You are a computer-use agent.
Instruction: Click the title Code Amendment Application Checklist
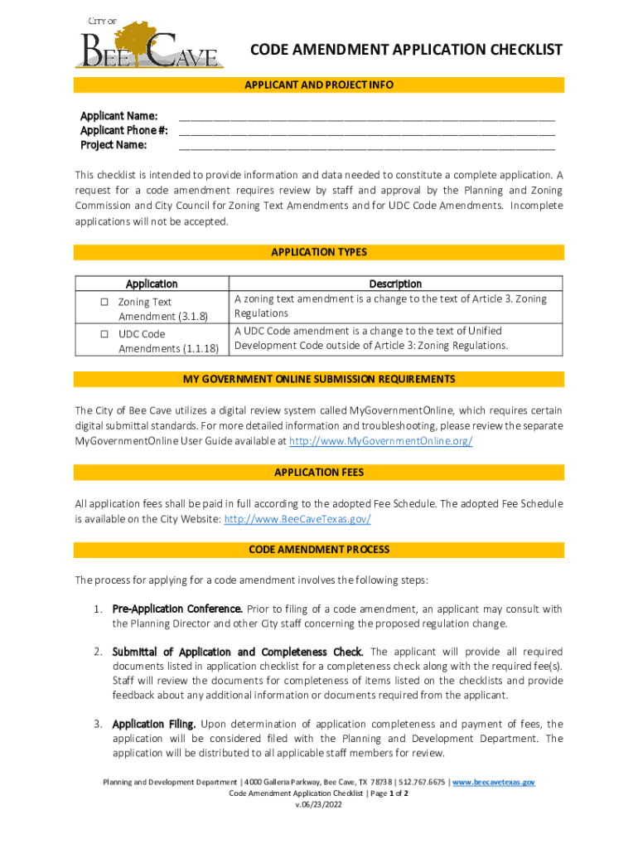coord(406,51)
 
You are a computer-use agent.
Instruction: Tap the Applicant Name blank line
coord(366,116)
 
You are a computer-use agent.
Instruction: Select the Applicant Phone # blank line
coord(366,131)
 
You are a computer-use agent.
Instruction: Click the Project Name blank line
coord(366,146)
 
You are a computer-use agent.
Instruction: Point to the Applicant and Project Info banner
coord(319,85)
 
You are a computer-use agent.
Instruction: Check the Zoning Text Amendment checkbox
coord(105,303)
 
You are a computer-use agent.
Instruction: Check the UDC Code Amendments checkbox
coord(105,334)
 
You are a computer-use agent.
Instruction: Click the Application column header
coord(151,284)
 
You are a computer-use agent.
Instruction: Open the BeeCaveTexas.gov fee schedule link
coord(297,519)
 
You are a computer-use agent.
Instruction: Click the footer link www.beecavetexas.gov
coord(493,782)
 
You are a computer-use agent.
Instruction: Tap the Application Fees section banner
coord(319,473)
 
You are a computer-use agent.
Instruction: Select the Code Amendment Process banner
coord(319,550)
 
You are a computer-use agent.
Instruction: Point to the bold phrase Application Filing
coord(154,724)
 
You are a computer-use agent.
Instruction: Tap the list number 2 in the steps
coord(97,652)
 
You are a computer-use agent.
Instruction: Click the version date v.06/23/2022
coord(318,804)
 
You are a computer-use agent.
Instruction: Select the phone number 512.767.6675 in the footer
coord(423,782)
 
